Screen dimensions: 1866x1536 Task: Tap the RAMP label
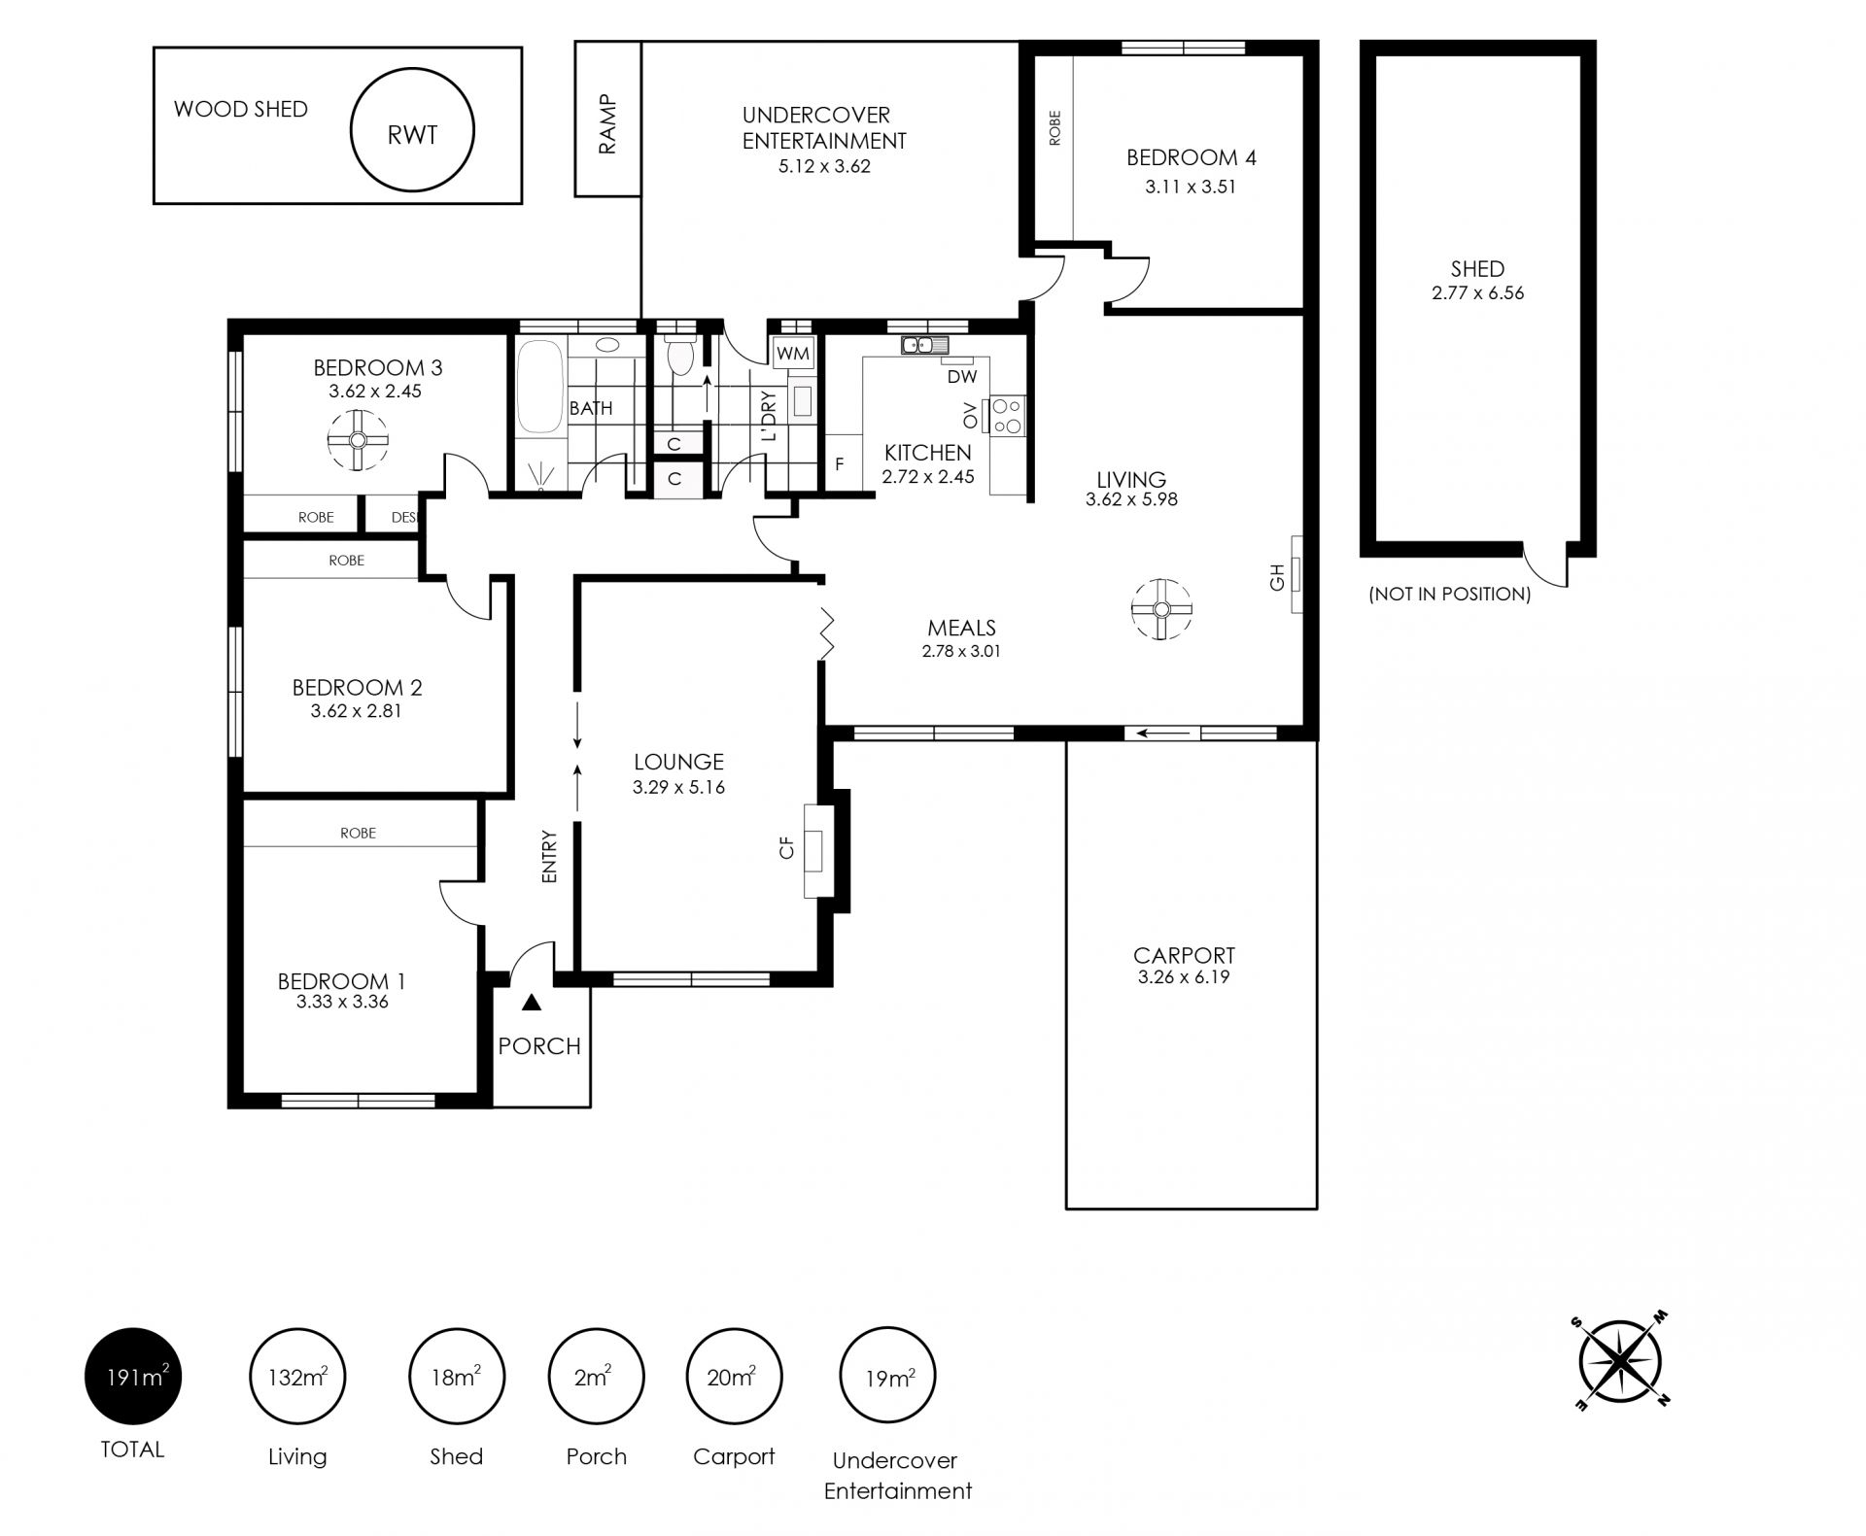pyautogui.click(x=607, y=123)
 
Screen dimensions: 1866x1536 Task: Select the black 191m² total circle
pyautogui.click(x=133, y=1376)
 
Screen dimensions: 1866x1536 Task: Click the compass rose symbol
pyautogui.click(x=1619, y=1361)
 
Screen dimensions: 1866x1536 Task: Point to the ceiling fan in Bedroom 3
pyautogui.click(x=358, y=440)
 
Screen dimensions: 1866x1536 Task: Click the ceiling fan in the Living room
pyautogui.click(x=1161, y=609)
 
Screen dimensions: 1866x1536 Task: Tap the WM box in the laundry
pyautogui.click(x=793, y=354)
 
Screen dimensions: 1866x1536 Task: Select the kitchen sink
pyautogui.click(x=924, y=345)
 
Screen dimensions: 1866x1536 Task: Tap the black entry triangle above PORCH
pyautogui.click(x=531, y=1002)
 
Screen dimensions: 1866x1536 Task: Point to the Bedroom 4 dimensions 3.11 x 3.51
pyautogui.click(x=1191, y=187)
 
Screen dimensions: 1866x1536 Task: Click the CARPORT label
pyautogui.click(x=1184, y=955)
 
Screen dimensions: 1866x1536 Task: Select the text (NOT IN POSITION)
pyautogui.click(x=1449, y=594)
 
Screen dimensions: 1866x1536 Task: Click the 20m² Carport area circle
pyautogui.click(x=734, y=1376)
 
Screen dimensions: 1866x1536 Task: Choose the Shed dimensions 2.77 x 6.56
pyautogui.click(x=1477, y=292)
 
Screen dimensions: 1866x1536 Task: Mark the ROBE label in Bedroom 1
pyautogui.click(x=359, y=833)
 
